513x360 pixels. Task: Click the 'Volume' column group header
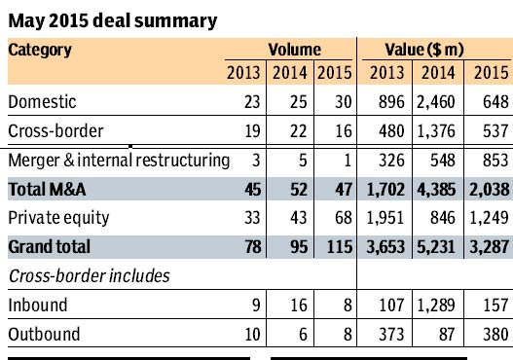(294, 49)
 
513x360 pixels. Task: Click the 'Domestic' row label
(43, 101)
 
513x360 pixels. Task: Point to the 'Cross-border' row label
(53, 130)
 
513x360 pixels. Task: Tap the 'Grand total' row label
(49, 247)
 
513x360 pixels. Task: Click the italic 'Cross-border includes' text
(90, 275)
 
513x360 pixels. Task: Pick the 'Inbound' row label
(38, 305)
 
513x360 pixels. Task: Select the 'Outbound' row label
(43, 334)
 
